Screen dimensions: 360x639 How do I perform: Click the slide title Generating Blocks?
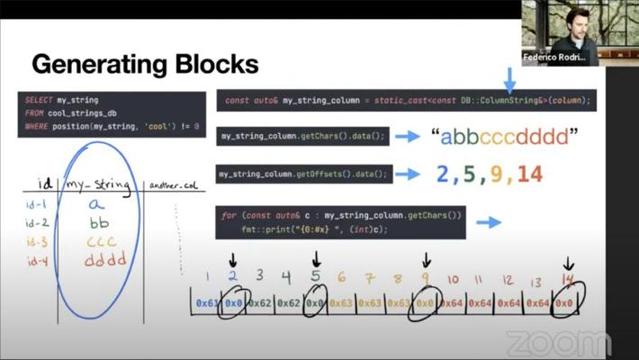click(146, 65)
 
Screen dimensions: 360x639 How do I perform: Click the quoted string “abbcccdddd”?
click(502, 137)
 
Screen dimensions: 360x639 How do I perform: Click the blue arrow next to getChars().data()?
click(409, 137)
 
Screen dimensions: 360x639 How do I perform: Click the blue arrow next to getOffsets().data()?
click(409, 175)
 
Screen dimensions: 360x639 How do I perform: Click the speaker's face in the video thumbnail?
click(568, 20)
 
